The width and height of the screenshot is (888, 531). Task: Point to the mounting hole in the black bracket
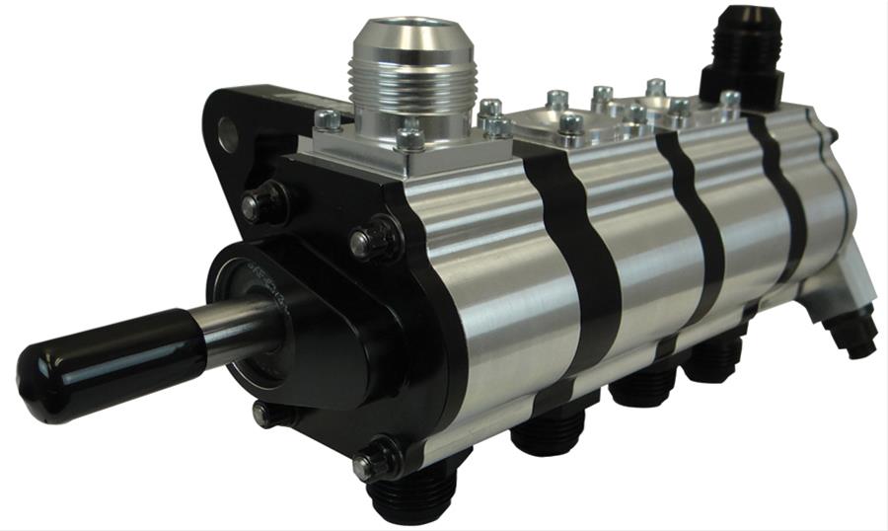(x=229, y=134)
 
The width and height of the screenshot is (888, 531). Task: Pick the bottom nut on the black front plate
(x=378, y=460)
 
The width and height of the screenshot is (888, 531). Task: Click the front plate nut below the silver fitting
(x=376, y=239)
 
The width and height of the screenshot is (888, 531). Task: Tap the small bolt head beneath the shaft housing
(x=263, y=416)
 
